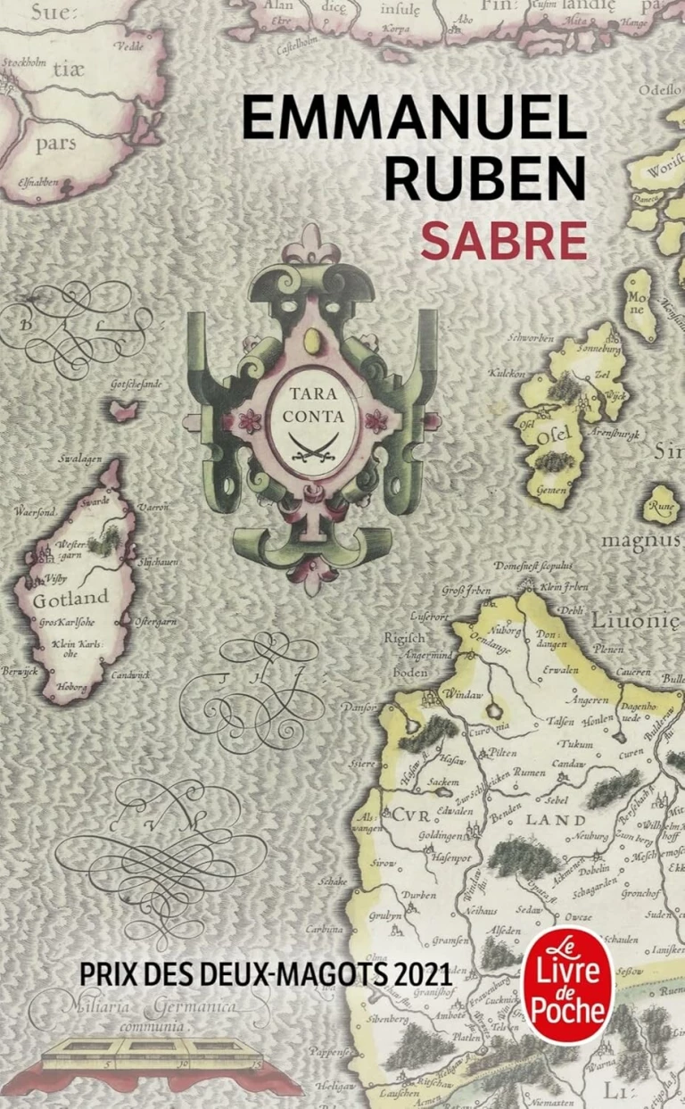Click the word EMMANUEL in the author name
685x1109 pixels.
[414, 121]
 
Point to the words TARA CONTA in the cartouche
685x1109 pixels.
[313, 402]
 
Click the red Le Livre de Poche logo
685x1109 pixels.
[567, 985]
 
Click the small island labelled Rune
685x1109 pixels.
[661, 504]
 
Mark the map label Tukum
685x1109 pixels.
[574, 744]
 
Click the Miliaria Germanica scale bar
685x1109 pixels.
[153, 1054]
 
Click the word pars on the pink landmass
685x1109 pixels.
[55, 143]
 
